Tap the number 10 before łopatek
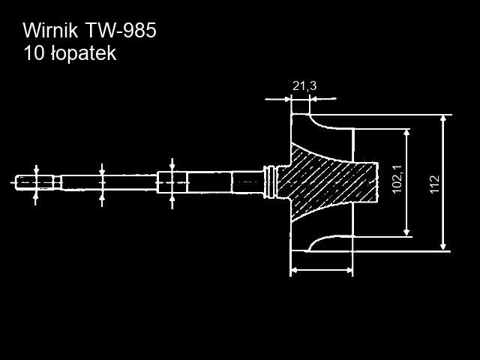tap(33, 54)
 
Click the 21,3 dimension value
tap(304, 86)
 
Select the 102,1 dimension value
tap(397, 180)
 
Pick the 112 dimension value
tap(435, 184)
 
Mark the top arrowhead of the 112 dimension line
tap(444, 119)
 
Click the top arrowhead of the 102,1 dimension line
tap(406, 132)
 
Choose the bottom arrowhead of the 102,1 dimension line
tap(406, 232)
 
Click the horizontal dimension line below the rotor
tap(321, 268)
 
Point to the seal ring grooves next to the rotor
tap(271, 181)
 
